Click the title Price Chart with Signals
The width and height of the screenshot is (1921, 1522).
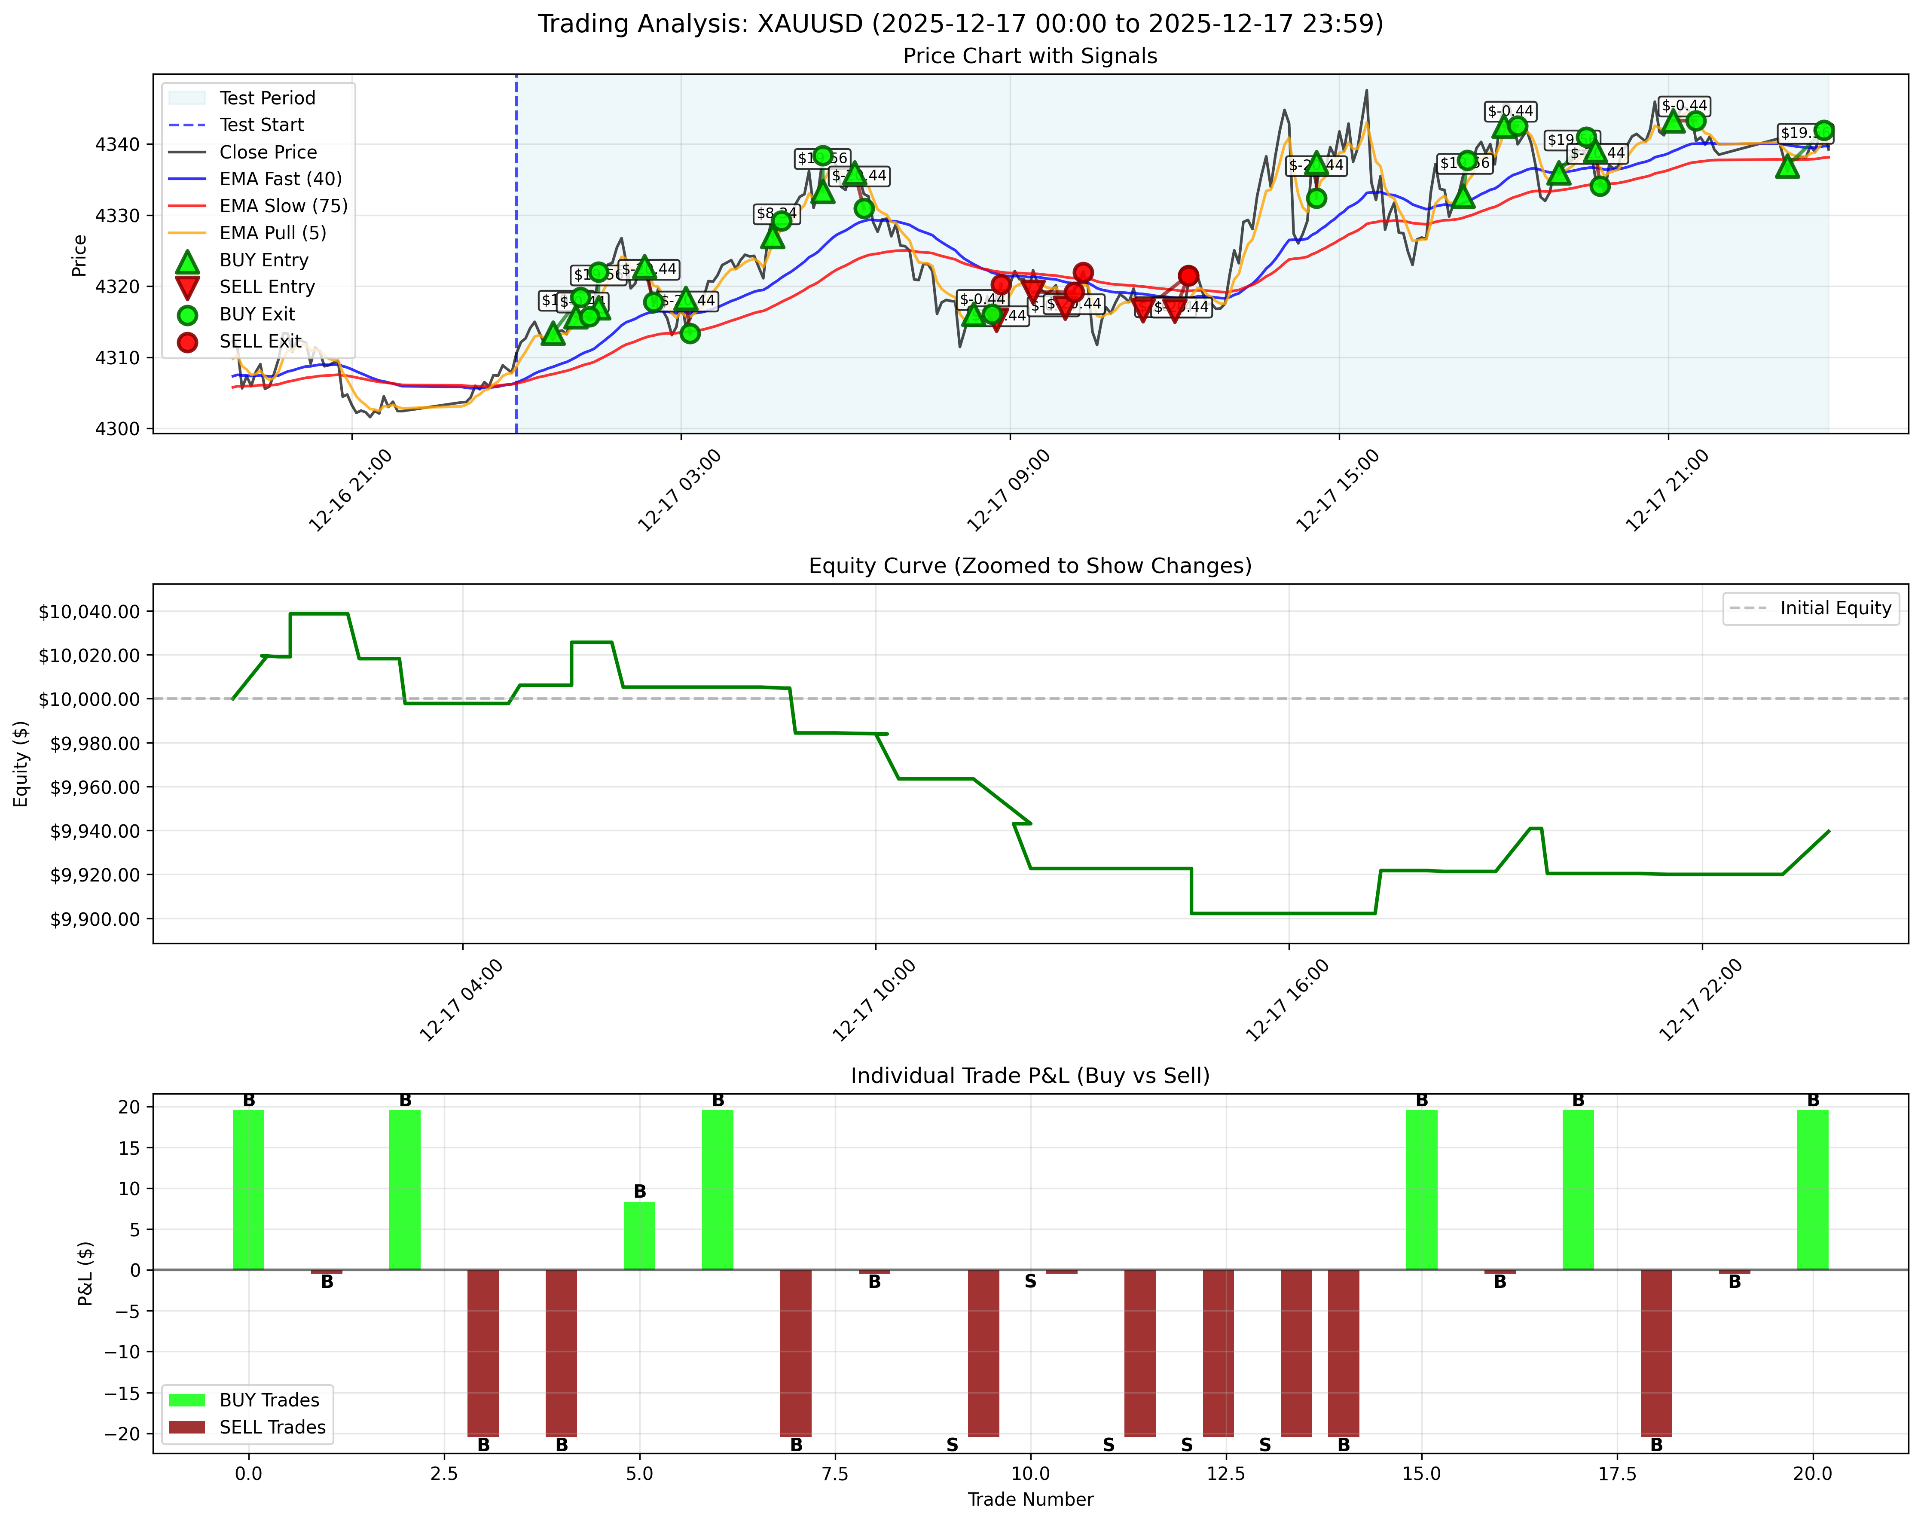coord(1030,56)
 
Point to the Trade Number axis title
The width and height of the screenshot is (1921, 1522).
coord(1030,1500)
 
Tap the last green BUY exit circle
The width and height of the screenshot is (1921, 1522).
coord(1823,130)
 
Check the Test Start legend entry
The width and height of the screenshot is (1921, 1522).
coord(261,125)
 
